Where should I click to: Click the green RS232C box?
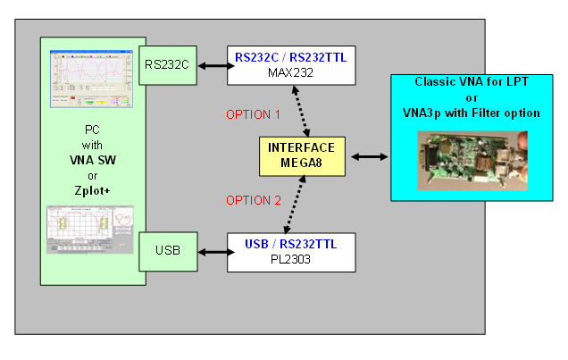(x=168, y=64)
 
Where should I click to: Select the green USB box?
(x=168, y=251)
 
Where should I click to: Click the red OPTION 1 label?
(x=252, y=114)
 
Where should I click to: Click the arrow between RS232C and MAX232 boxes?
(x=212, y=64)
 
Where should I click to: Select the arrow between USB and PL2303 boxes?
(x=212, y=251)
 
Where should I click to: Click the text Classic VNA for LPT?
(x=472, y=82)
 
